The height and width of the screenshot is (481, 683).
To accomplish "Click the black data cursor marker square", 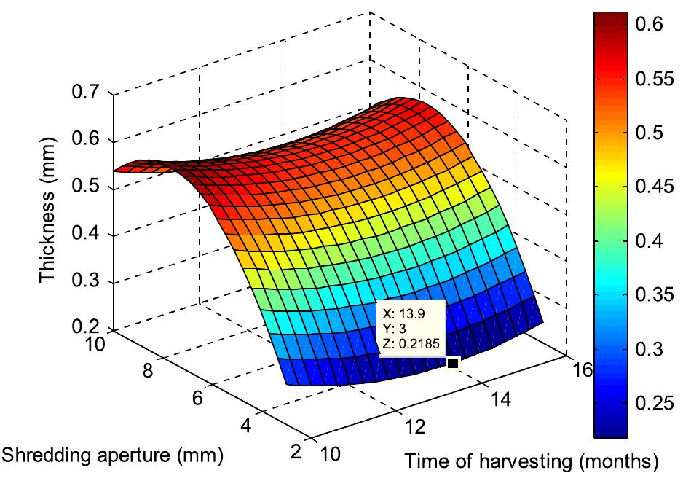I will [x=452, y=362].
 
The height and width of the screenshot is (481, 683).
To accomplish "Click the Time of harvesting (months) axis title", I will [x=532, y=461].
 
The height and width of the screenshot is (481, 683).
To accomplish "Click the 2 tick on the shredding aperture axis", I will [x=296, y=452].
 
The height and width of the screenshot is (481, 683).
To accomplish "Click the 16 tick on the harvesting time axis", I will [x=581, y=370].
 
